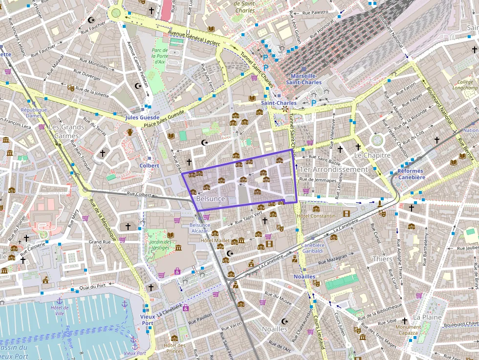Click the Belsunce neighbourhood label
tap(210, 199)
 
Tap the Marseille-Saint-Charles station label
tap(303, 79)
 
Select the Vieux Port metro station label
tap(147, 319)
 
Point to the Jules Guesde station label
tap(142, 118)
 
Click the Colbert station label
tap(149, 166)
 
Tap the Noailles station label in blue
tap(305, 276)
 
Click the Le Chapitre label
tap(372, 155)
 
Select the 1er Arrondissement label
tap(333, 169)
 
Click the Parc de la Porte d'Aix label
tap(159, 56)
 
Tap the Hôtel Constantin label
tap(316, 216)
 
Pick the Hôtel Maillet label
tap(215, 240)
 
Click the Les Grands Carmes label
tap(66, 131)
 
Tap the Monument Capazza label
tap(408, 330)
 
